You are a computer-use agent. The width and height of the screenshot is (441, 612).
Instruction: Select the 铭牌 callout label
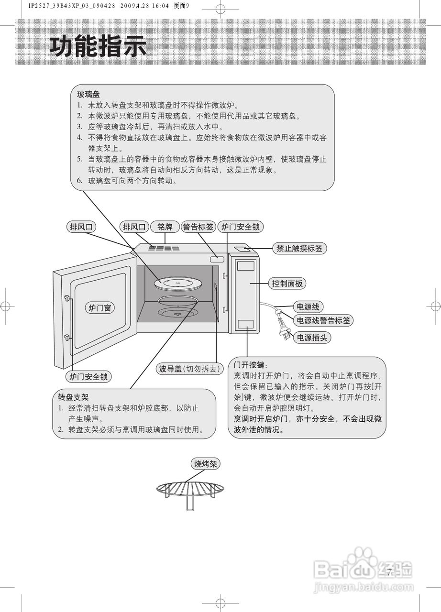pyautogui.click(x=165, y=227)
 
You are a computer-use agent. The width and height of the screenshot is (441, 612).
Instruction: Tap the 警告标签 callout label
pyautogui.click(x=198, y=227)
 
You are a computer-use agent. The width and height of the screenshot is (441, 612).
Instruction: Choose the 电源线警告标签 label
pyautogui.click(x=323, y=320)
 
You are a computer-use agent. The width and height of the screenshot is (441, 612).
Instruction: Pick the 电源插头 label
pyautogui.click(x=311, y=338)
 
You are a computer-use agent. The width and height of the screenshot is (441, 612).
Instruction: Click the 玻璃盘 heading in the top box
pyautogui.click(x=88, y=94)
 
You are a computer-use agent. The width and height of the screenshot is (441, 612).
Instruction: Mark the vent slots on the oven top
pyautogui.click(x=163, y=248)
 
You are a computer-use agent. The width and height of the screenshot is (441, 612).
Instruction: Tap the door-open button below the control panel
pyautogui.click(x=247, y=323)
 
